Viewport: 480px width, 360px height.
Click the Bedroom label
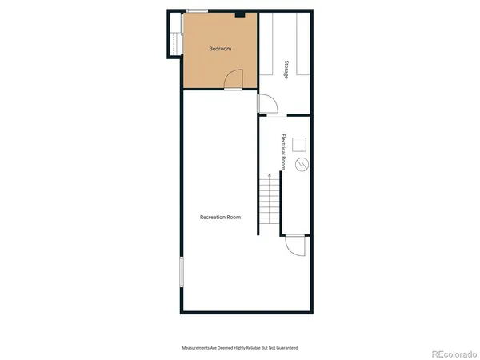coord(220,49)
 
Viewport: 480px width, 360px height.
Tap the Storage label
coord(286,67)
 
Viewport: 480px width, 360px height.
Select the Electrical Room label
coord(283,151)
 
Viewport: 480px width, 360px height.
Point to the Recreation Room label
coord(220,217)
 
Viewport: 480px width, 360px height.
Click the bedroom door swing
coord(233,80)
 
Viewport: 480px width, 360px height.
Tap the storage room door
coord(267,104)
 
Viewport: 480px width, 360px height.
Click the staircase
coord(270,204)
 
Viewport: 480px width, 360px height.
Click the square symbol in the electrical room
coord(300,144)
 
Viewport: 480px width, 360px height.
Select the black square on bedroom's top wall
coord(239,14)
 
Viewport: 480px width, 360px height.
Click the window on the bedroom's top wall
coord(198,10)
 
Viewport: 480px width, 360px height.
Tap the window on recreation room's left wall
coord(182,271)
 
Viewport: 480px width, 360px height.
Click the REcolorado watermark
coord(453,353)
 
